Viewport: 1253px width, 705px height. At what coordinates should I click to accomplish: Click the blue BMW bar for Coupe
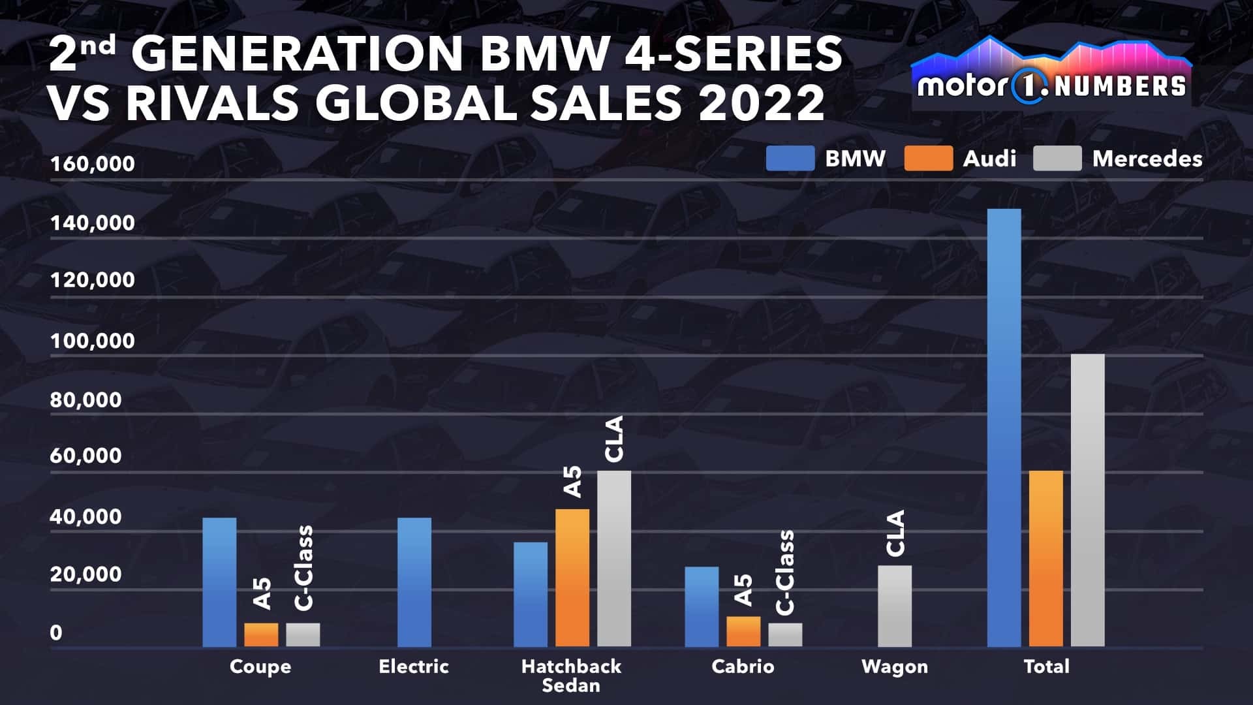[x=219, y=582]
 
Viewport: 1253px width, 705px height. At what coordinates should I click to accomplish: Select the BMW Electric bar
[x=414, y=582]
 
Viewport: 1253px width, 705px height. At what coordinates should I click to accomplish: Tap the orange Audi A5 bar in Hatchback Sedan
[x=572, y=578]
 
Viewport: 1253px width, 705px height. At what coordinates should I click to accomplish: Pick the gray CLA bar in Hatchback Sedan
[x=613, y=559]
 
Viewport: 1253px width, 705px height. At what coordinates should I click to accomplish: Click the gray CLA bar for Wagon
[x=894, y=606]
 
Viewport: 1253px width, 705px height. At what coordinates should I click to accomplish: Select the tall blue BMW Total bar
[x=1004, y=428]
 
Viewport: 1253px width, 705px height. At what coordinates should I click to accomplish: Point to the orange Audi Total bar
[x=1045, y=559]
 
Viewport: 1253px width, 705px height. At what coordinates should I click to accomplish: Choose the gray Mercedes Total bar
[x=1087, y=501]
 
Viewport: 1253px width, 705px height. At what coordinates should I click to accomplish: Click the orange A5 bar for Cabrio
[x=743, y=631]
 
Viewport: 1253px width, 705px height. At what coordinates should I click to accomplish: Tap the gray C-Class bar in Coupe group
[x=303, y=634]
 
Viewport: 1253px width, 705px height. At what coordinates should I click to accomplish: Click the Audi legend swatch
[x=928, y=159]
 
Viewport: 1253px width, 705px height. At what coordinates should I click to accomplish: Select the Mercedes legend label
[x=1147, y=159]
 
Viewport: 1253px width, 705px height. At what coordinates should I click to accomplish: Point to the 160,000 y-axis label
[x=92, y=163]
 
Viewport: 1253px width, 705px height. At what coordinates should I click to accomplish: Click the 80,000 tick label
[x=85, y=399]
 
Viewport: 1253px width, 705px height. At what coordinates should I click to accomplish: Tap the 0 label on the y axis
[x=56, y=633]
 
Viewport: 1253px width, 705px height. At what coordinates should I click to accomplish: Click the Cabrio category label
[x=743, y=666]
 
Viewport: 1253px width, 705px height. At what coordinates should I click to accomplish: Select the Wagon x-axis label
[x=894, y=666]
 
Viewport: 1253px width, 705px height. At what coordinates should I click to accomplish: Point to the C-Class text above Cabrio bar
[x=786, y=572]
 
